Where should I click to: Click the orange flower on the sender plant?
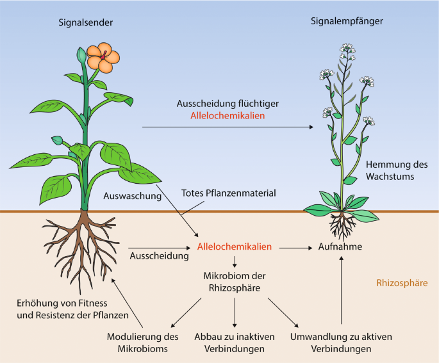pyautogui.click(x=103, y=58)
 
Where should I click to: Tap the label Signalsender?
pyautogui.click(x=86, y=22)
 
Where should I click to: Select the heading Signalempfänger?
pyautogui.click(x=347, y=21)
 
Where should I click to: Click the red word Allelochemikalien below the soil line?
pyautogui.click(x=235, y=246)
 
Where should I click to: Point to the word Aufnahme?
pyautogui.click(x=340, y=246)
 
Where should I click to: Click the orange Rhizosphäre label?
pyautogui.click(x=402, y=283)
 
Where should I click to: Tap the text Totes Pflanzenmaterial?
pyautogui.click(x=228, y=193)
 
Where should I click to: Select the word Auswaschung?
pyautogui.click(x=133, y=196)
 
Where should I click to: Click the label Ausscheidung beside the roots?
pyautogui.click(x=160, y=256)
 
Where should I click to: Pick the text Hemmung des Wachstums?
pyautogui.click(x=397, y=170)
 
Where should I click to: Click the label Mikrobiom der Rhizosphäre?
pyautogui.click(x=235, y=282)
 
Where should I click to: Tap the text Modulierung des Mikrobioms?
pyautogui.click(x=142, y=343)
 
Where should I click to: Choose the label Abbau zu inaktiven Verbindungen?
pyautogui.click(x=235, y=343)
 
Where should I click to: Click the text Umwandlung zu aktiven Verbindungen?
pyautogui.click(x=341, y=343)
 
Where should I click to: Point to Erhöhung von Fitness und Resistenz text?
pyautogui.click(x=72, y=309)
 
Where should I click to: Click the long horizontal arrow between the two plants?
pyautogui.click(x=228, y=127)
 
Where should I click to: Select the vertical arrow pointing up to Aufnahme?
pyautogui.click(x=341, y=290)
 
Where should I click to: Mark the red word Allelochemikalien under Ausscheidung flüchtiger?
pyautogui.click(x=228, y=116)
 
